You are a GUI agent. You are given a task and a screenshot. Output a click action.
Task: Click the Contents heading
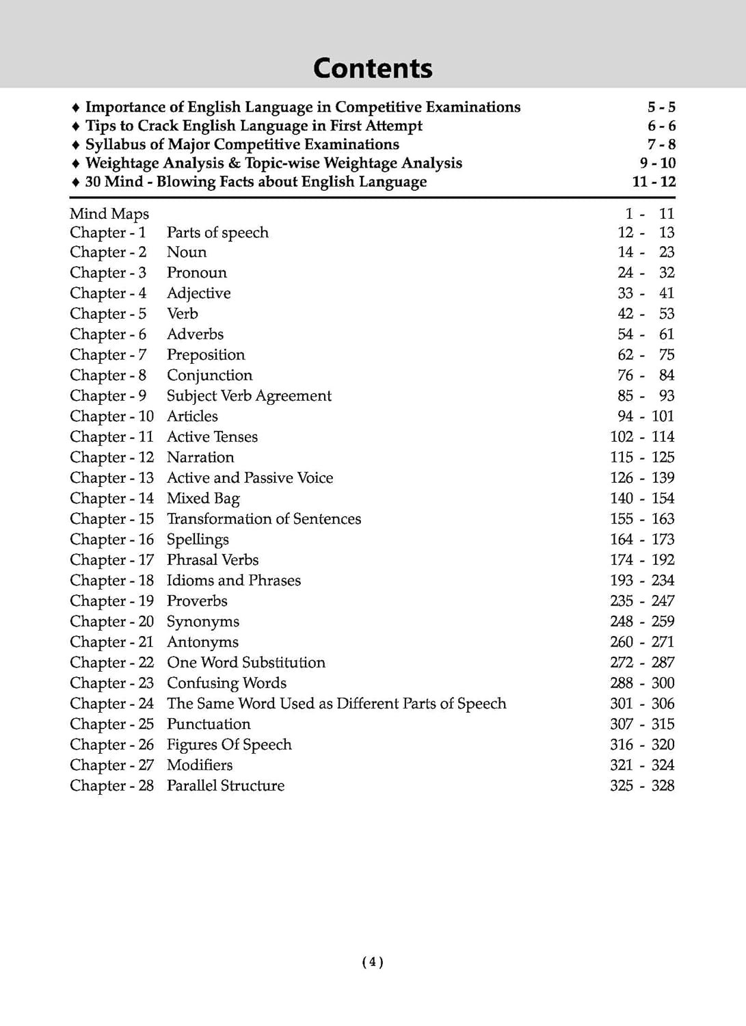(373, 68)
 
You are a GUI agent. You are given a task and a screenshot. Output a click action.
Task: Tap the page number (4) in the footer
(372, 962)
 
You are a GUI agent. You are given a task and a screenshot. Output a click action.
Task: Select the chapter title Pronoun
(196, 273)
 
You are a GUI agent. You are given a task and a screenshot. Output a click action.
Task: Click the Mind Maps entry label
(109, 214)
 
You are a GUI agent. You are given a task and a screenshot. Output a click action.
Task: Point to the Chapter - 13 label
(111, 478)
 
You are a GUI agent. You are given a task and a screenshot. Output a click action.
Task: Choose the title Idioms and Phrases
(233, 581)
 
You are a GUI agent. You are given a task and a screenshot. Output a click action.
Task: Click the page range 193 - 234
(642, 581)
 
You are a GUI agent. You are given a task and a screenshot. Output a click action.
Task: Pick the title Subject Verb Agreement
(249, 396)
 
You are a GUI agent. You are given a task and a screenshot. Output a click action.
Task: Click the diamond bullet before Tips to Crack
(75, 127)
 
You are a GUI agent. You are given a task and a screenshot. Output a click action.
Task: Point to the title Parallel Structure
(225, 786)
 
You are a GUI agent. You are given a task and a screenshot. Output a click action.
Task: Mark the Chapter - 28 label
(111, 786)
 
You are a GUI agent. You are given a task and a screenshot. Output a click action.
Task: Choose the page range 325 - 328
(642, 786)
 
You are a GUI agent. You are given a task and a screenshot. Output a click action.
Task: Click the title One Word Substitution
(245, 663)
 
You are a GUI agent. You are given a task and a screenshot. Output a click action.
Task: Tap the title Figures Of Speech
(229, 745)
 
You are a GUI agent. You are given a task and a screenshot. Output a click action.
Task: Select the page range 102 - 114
(642, 437)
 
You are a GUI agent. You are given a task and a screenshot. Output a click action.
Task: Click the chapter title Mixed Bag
(203, 499)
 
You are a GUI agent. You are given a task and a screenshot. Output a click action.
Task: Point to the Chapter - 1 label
(108, 233)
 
